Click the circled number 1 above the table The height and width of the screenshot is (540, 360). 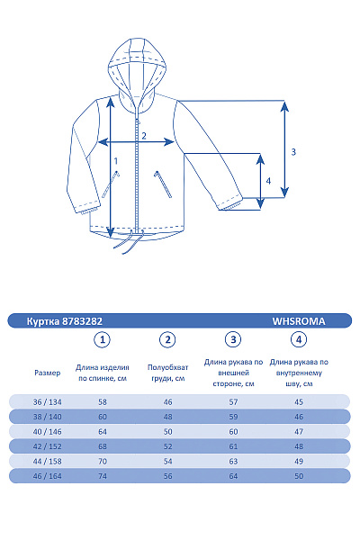click(x=103, y=339)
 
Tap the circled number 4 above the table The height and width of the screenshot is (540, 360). click(x=299, y=339)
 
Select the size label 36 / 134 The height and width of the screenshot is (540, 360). click(x=47, y=401)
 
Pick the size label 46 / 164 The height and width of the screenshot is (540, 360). click(x=47, y=475)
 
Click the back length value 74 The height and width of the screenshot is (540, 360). click(x=103, y=475)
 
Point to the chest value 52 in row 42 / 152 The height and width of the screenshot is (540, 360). click(x=167, y=445)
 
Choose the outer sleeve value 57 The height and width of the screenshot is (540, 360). click(x=233, y=401)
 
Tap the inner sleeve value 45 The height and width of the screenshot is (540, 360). click(x=299, y=401)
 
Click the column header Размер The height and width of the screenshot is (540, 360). click(x=47, y=372)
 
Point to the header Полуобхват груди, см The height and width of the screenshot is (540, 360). click(x=167, y=373)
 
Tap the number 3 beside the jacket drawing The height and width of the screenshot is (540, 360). click(x=293, y=152)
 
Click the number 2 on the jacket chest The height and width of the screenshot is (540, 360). click(x=144, y=136)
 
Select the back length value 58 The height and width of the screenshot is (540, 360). click(x=103, y=401)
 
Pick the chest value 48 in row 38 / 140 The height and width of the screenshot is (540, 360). click(x=167, y=417)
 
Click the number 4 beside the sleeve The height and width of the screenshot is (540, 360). click(x=267, y=182)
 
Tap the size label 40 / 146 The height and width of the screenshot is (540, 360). click(x=47, y=431)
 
